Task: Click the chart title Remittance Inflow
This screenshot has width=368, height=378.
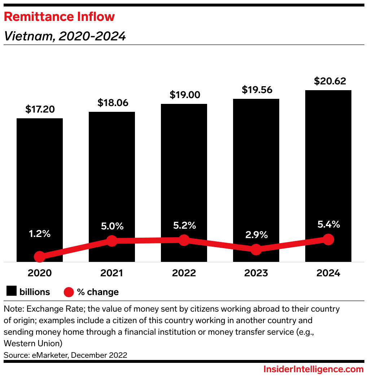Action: click(59, 17)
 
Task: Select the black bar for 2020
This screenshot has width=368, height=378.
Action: click(40, 180)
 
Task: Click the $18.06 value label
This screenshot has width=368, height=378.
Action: click(113, 103)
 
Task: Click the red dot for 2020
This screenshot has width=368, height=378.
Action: click(40, 257)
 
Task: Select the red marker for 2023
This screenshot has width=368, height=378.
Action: click(256, 249)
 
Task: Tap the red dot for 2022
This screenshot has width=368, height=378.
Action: click(184, 240)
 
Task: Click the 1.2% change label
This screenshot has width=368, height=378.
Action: click(40, 234)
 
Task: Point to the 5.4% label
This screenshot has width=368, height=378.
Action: click(328, 224)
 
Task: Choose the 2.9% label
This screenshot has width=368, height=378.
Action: click(256, 235)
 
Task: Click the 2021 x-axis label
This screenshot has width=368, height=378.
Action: click(112, 273)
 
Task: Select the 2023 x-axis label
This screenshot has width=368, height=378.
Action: click(256, 273)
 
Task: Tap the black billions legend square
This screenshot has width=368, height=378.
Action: click(12, 291)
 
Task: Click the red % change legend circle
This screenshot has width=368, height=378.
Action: click(69, 292)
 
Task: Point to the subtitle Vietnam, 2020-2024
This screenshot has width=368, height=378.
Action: click(65, 36)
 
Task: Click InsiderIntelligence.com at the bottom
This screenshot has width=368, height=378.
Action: click(313, 369)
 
